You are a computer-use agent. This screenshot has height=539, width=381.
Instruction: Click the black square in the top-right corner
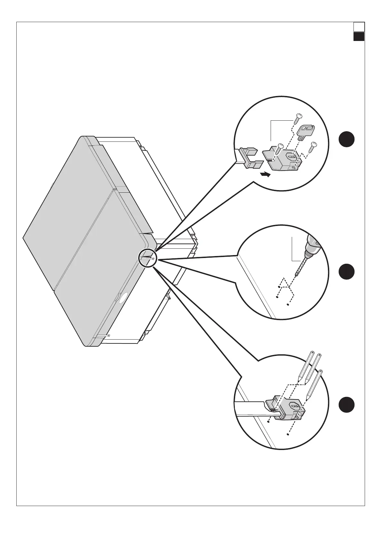pos(359,36)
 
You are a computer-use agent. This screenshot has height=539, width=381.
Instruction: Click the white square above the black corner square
pos(359,27)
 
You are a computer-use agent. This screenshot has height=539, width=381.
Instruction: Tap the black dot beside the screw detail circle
pos(346,140)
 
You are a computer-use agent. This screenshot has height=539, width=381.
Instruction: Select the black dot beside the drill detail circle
pos(346,272)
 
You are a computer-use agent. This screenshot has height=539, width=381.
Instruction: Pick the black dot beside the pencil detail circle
pos(346,405)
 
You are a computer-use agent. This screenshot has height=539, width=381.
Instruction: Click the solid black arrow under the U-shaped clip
pos(265,174)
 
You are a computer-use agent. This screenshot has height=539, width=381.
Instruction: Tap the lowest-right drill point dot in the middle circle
pos(288,305)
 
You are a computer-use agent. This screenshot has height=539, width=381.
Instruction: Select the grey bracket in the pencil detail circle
pos(287,408)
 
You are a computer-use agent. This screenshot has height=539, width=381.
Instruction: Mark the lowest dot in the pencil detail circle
pos(288,435)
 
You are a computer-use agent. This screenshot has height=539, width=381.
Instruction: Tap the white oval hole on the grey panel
pos(122,297)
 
